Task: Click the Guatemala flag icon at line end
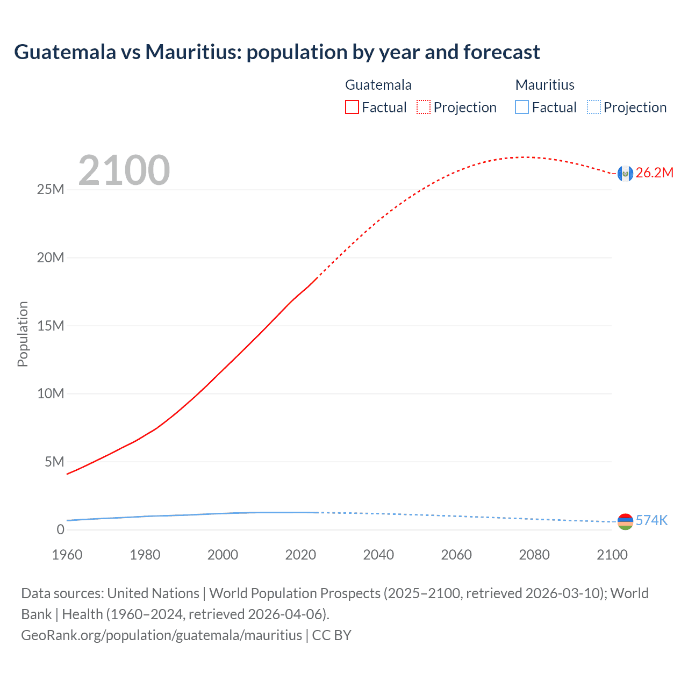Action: [625, 173]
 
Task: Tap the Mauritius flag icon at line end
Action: [625, 521]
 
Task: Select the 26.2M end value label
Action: [654, 173]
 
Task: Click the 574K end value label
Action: [651, 521]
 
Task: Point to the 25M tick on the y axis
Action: [51, 190]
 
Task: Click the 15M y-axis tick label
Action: [51, 326]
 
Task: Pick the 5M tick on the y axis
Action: [54, 462]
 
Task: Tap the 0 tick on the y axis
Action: [60, 530]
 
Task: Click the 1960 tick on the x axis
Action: [67, 555]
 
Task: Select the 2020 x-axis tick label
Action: [300, 555]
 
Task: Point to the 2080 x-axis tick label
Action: [534, 555]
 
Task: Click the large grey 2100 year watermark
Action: [124, 170]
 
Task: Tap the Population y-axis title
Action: [23, 334]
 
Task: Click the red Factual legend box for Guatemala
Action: [352, 107]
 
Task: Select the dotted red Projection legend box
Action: [424, 107]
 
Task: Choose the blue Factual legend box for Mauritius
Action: [522, 107]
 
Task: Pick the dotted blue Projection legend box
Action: [593, 107]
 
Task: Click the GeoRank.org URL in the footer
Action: [161, 635]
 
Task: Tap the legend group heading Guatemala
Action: [378, 85]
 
